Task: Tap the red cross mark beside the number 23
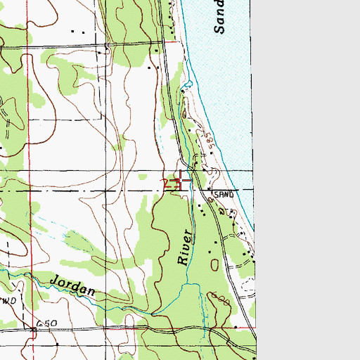point(181,181)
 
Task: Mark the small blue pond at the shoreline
point(186,86)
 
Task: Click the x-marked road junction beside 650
point(33,328)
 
